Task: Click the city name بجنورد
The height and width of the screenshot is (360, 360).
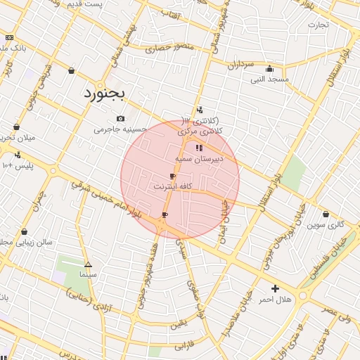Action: point(104,93)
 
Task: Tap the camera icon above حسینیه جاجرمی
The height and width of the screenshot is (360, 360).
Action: point(121,118)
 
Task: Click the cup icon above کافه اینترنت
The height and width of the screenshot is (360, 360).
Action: point(173,176)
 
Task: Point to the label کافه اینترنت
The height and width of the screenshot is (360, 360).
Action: point(173,187)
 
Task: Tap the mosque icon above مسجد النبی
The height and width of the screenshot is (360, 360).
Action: point(269,69)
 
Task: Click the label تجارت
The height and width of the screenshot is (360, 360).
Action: point(318,25)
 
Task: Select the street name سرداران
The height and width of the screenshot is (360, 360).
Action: point(240,65)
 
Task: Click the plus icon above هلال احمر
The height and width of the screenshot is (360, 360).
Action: point(275,288)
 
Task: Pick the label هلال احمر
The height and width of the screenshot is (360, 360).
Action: point(274,300)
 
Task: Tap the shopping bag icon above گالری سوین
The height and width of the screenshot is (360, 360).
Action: point(326,214)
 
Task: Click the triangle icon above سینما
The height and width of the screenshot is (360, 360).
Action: point(88,264)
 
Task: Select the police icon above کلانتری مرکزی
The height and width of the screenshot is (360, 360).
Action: point(200,109)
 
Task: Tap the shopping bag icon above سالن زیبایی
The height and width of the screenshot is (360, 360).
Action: point(25,231)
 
